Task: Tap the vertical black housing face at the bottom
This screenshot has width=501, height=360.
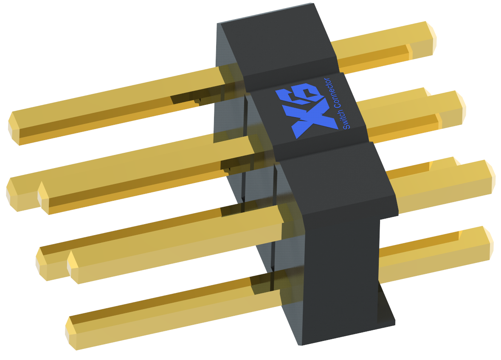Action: (340, 276)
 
